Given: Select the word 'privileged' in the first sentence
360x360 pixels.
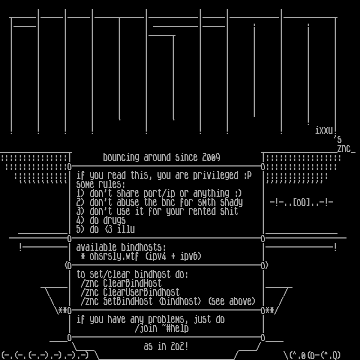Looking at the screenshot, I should pyautogui.click(x=215, y=175).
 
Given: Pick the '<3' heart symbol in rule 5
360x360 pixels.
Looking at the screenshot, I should pyautogui.click(x=108, y=229).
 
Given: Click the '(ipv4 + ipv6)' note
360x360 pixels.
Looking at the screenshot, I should pyautogui.click(x=173, y=256).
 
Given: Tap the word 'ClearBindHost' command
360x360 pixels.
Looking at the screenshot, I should pyautogui.click(x=132, y=283).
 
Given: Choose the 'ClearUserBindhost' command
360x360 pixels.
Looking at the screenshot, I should pyautogui.click(x=141, y=292).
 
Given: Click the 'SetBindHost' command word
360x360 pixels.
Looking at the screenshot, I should pyautogui.click(x=128, y=301).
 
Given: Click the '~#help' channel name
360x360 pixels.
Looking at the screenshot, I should pyautogui.click(x=173, y=328).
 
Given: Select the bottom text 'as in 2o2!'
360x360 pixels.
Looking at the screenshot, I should pyautogui.click(x=166, y=346).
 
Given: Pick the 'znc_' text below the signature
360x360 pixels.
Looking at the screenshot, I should pyautogui.click(x=345, y=148).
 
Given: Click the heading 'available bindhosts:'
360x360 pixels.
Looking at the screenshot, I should pyautogui.click(x=121, y=247).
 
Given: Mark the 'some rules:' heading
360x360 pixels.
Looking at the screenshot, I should pyautogui.click(x=101, y=184).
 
